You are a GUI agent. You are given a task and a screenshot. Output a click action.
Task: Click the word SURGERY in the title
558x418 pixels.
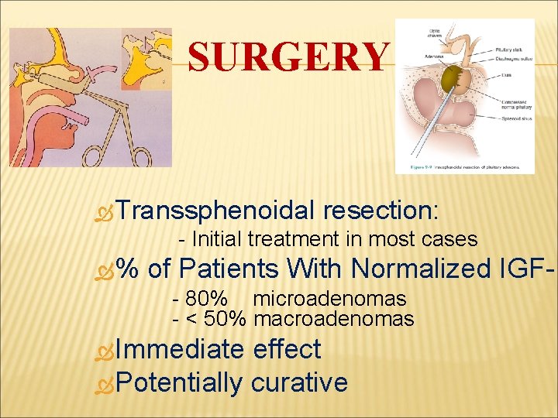[288, 57]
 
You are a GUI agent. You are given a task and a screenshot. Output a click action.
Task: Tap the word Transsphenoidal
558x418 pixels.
[217, 210]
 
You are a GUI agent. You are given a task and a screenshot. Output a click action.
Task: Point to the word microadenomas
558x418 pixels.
[329, 299]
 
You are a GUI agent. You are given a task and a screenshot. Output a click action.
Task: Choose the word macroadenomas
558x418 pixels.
[334, 318]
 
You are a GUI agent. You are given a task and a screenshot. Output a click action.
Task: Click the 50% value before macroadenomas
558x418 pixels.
[229, 318]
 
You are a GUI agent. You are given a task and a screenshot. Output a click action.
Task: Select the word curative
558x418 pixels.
[299, 382]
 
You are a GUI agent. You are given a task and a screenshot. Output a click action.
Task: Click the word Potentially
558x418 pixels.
[181, 382]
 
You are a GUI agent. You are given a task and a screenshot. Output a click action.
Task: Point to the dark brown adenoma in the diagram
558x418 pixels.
[452, 79]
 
